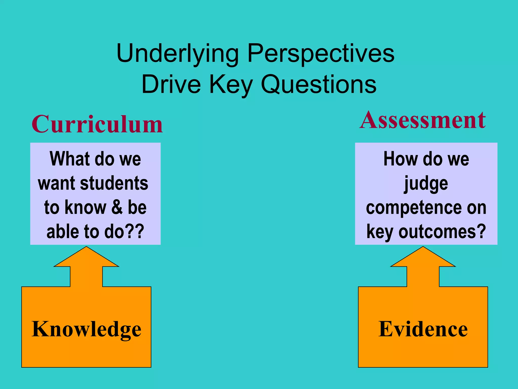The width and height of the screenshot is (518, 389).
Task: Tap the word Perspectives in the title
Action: coord(321,54)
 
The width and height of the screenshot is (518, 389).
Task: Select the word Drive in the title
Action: coord(171,85)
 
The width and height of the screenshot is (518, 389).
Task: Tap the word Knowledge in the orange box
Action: coord(86,329)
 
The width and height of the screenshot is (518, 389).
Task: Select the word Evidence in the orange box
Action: coord(423,329)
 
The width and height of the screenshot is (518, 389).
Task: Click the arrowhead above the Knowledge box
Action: coord(86,257)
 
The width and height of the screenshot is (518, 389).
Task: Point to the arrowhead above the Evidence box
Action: coord(423,257)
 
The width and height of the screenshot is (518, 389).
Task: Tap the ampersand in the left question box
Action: coord(117,207)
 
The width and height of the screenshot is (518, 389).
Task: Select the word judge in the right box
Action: coord(426,184)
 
